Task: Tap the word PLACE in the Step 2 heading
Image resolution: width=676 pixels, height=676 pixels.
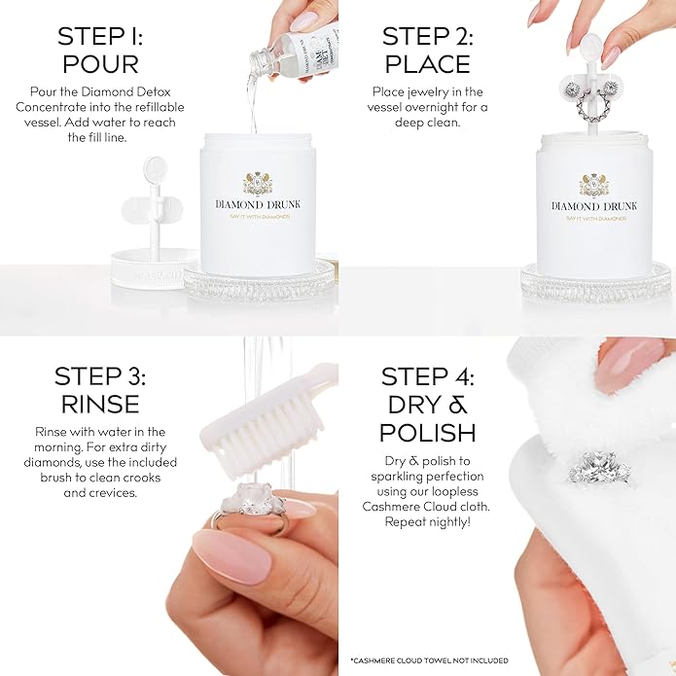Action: (428, 64)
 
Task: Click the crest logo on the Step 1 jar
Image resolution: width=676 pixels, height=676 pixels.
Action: (258, 183)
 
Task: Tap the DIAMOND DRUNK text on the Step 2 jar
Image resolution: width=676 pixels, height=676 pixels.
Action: (594, 205)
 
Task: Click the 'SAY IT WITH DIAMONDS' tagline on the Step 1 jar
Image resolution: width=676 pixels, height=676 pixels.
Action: (258, 216)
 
